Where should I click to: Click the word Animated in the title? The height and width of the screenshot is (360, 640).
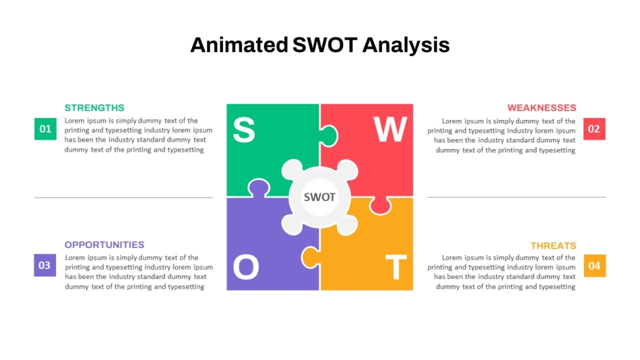pos(238,45)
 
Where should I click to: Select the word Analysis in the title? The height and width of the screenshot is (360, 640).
pos(406,45)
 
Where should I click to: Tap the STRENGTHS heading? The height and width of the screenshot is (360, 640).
pos(94,108)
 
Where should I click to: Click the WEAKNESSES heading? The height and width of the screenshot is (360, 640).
pos(542,108)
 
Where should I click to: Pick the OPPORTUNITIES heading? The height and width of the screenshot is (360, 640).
pos(104,245)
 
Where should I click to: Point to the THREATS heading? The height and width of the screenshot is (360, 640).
pos(553,245)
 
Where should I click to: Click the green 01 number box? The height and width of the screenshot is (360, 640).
pos(45,129)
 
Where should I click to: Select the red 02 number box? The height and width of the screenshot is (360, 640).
pos(594,129)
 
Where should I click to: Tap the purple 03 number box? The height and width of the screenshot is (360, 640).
pos(44,265)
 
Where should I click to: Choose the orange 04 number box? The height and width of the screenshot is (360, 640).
pos(594,266)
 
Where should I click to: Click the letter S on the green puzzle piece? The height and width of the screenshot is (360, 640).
pos(244,130)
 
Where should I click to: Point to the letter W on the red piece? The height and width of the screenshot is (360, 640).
pos(391,130)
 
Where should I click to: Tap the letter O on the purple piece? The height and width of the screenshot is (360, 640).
pos(246,268)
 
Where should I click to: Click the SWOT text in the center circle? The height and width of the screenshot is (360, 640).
pos(319,198)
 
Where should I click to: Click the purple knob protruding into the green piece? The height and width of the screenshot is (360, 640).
pos(257,187)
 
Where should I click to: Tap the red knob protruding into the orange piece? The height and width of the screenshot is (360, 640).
pos(380,206)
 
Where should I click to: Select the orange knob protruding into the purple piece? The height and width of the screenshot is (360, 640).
pos(310,256)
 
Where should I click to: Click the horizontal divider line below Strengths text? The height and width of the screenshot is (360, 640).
pos(123,198)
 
